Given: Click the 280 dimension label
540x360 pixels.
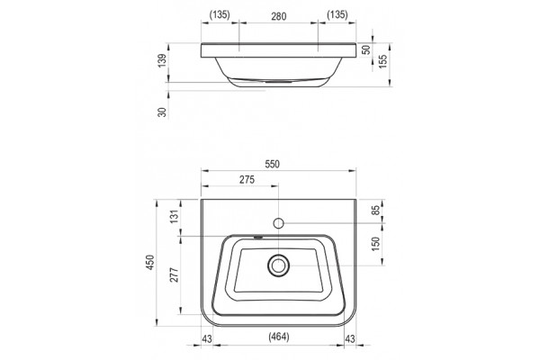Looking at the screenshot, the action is [x=279, y=16].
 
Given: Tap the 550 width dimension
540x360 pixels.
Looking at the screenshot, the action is [x=272, y=165].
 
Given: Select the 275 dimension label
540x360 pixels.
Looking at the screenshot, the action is [x=247, y=179].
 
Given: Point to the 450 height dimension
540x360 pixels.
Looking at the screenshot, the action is [x=150, y=263].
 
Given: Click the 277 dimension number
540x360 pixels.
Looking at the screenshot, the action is [x=175, y=274].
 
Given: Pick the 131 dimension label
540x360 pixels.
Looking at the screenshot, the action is [x=175, y=216].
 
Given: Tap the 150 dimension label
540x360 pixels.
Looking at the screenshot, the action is [x=375, y=244].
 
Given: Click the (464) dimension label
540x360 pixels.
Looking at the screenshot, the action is [x=279, y=337].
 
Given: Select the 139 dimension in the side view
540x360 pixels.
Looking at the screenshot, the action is [x=162, y=60].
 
